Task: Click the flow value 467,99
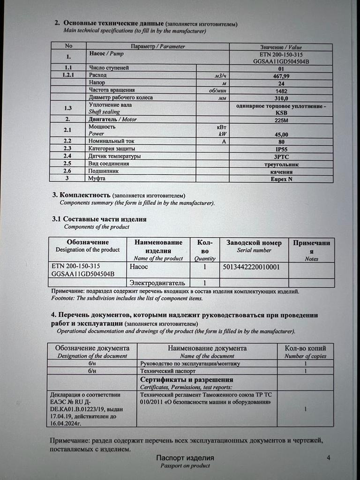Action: point(281,75)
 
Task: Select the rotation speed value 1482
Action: point(281,90)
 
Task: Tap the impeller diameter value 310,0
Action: point(281,98)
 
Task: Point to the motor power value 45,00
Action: point(281,134)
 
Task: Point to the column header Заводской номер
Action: point(254,243)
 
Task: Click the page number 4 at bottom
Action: point(328,458)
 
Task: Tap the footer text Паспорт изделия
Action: point(185,458)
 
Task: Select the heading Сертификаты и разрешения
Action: point(187,380)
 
